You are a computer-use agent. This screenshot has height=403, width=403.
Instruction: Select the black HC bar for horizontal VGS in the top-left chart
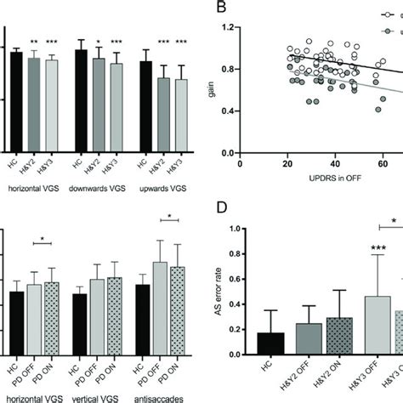click(x=16, y=102)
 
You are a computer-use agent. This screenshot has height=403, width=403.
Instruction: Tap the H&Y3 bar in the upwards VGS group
click(x=179, y=116)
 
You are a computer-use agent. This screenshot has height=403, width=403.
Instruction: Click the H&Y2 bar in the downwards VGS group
click(x=99, y=105)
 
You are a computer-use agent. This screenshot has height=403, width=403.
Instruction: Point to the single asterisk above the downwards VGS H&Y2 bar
click(x=99, y=43)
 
